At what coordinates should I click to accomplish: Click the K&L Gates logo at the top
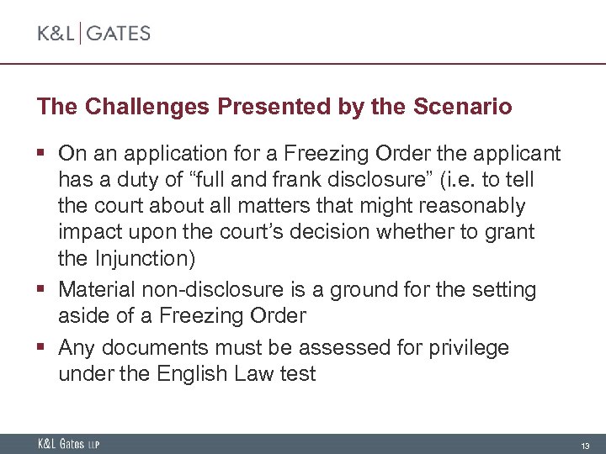tap(93, 34)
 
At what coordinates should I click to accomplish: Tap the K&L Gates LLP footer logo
tap(68, 444)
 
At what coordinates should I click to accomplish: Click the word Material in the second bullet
tap(93, 290)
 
